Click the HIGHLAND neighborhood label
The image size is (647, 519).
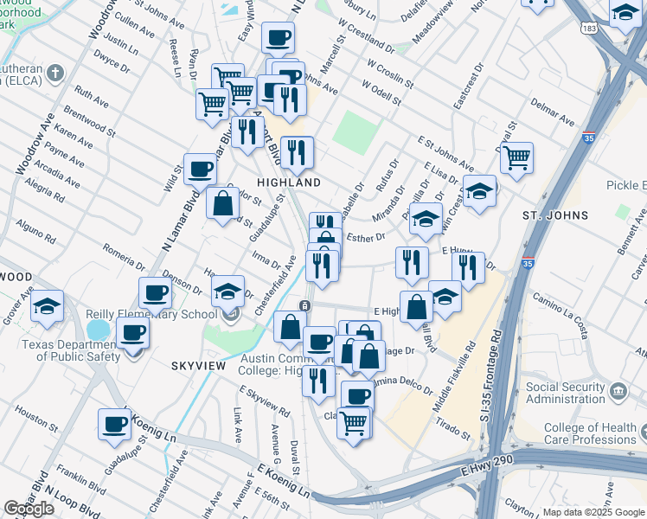coord(289,183)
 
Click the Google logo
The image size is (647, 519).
coord(29,509)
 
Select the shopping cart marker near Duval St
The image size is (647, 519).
coord(516,158)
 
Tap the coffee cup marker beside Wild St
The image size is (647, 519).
coord(200,169)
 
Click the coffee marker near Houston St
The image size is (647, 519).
coord(115,424)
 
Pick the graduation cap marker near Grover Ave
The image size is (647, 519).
coord(48,305)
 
